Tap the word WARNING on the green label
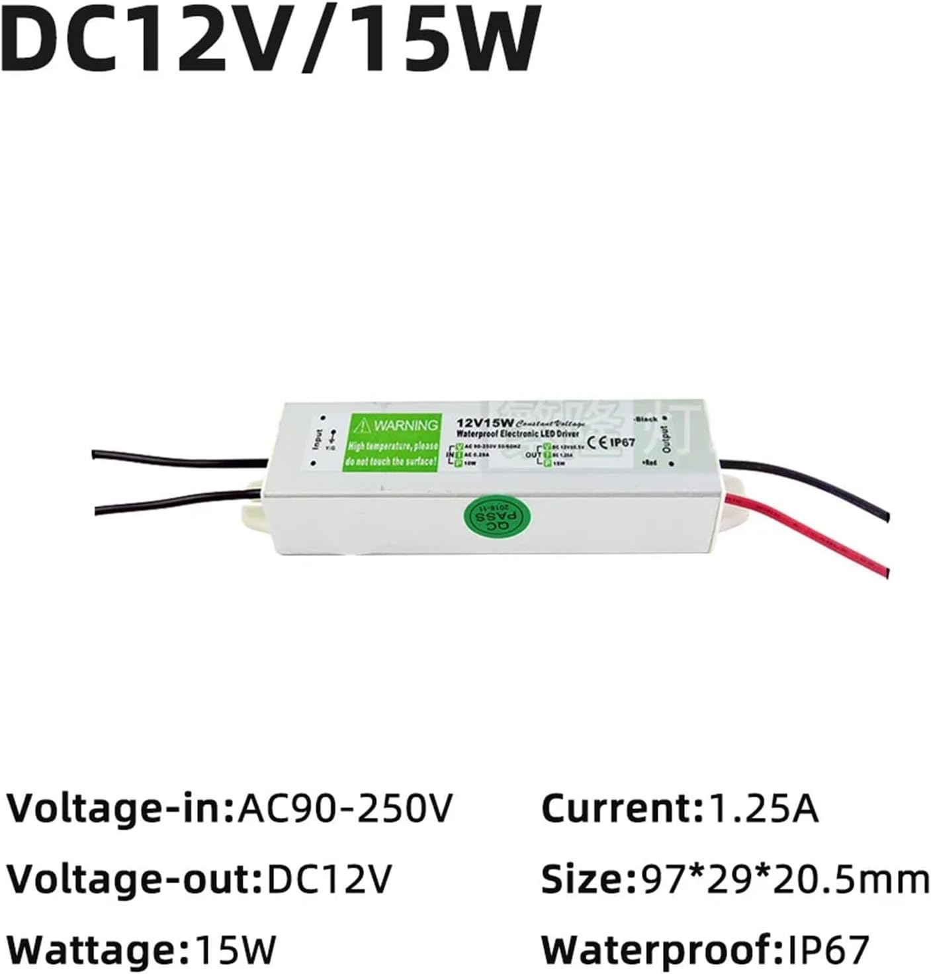coord(405,425)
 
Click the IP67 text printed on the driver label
coord(622,442)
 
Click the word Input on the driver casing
coord(318,440)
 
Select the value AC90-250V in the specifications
coord(345,808)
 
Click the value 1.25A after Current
coord(764,808)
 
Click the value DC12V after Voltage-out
coord(329,879)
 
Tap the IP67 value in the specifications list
coord(828,951)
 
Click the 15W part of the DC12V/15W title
coord(430,38)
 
